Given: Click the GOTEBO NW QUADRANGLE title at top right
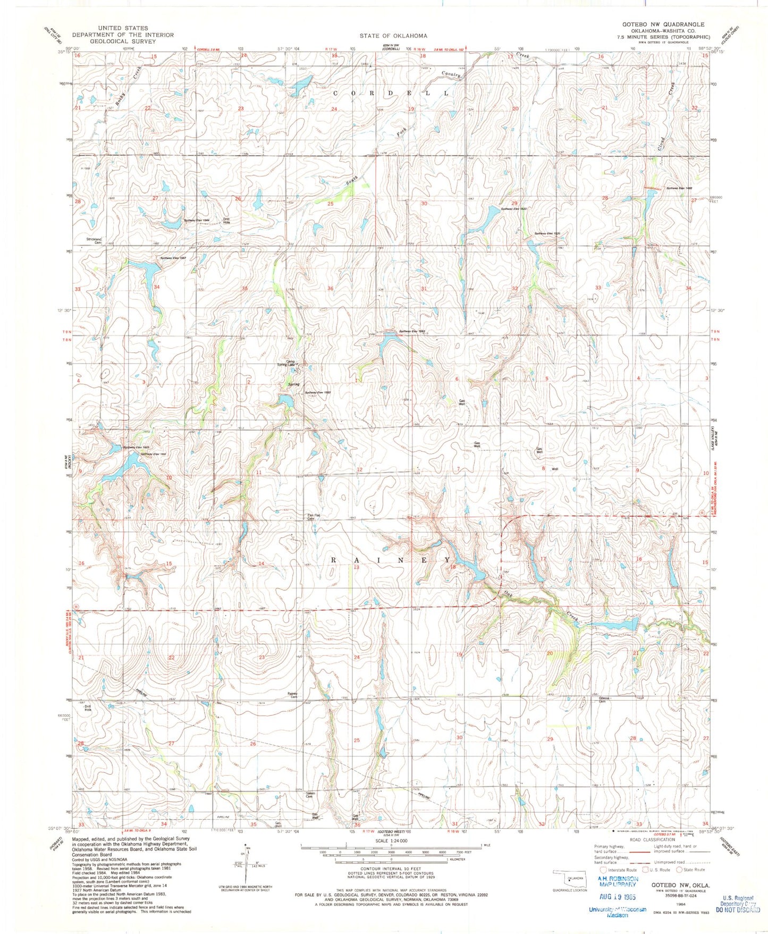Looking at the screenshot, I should [x=663, y=24].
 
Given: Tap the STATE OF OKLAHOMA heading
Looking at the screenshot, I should [x=393, y=36].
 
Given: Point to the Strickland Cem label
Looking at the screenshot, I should [x=94, y=240].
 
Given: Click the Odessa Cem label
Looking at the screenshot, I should [x=604, y=700].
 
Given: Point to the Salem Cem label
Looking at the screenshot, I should [x=311, y=795].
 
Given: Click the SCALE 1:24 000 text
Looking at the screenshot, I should [x=390, y=841].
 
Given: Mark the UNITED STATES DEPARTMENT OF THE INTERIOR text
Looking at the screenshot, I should [x=123, y=31].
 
